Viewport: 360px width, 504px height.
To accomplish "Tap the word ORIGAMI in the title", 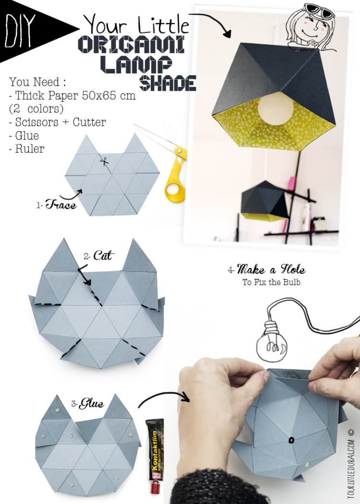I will [x=131, y=44].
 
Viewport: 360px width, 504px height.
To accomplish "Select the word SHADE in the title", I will [x=168, y=84].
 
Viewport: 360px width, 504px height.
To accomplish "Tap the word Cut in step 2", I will [x=102, y=255].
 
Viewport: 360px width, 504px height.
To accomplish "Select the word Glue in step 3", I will [x=91, y=404].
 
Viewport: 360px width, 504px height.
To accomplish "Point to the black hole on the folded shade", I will [x=291, y=440].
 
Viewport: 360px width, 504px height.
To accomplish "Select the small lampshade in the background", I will [x=264, y=202].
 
